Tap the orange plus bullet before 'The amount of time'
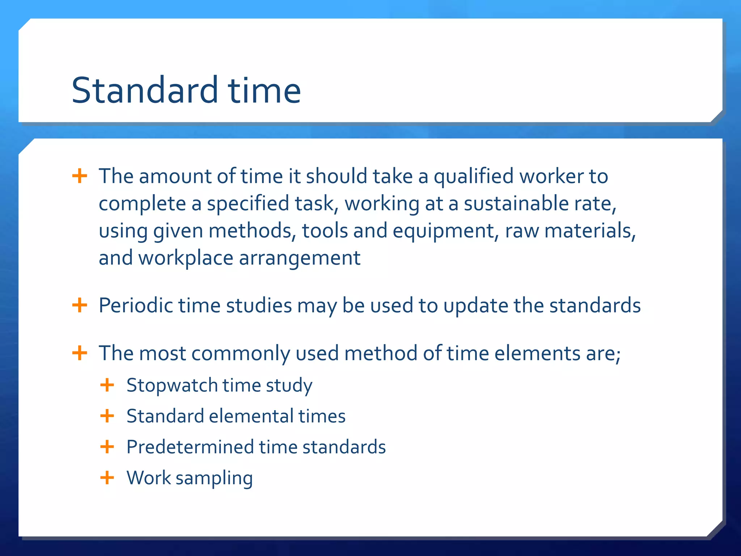click(x=80, y=176)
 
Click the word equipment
click(x=444, y=231)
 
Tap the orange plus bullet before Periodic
click(x=80, y=305)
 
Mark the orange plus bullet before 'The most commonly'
click(x=80, y=353)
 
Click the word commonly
click(x=241, y=354)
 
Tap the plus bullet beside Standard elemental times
click(x=107, y=416)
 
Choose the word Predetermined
click(x=190, y=447)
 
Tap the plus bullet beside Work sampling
click(x=107, y=477)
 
